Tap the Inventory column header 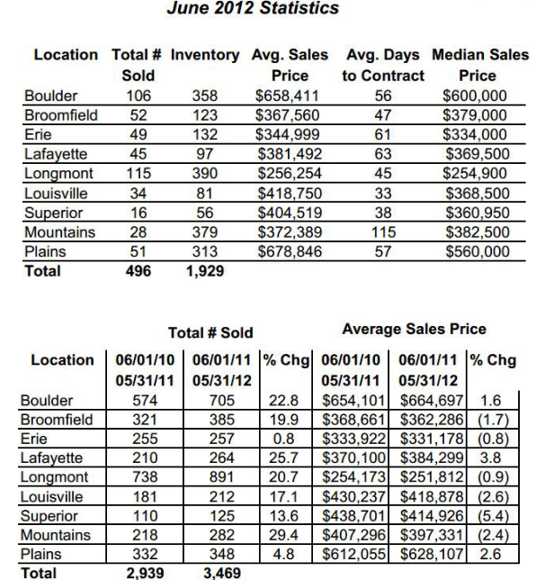point(210,56)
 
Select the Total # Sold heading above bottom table point(211,333)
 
